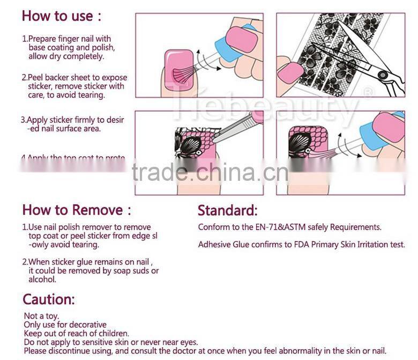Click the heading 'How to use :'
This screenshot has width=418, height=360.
(61, 16)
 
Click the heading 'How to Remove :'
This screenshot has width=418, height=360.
(76, 209)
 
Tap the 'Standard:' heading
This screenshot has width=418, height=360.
(227, 210)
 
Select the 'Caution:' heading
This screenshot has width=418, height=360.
(49, 299)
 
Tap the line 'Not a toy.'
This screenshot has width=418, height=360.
(41, 317)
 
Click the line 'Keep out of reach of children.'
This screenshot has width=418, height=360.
(76, 333)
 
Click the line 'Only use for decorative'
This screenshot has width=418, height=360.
(65, 325)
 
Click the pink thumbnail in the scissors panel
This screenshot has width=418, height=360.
(291, 72)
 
